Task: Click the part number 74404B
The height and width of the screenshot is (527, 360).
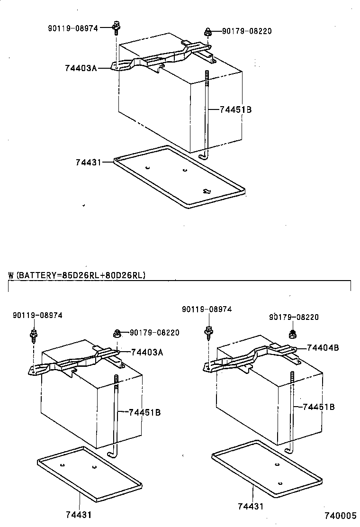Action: [x=323, y=347]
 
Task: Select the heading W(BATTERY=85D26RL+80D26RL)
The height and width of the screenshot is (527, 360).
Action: [x=77, y=275]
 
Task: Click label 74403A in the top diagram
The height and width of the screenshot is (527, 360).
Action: [x=81, y=68]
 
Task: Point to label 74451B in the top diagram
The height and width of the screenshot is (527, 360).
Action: [x=235, y=109]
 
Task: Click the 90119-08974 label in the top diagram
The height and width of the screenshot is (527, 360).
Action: [x=72, y=28]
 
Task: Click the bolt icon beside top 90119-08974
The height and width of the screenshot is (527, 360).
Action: [x=115, y=28]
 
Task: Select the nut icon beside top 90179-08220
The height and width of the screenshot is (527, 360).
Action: [x=207, y=32]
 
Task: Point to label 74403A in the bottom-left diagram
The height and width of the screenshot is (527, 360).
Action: [x=147, y=352]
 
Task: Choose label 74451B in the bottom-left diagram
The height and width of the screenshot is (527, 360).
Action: [x=144, y=412]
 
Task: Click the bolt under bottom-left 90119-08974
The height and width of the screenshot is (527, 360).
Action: [x=34, y=335]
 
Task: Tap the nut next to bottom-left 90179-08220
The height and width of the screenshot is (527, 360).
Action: [x=117, y=334]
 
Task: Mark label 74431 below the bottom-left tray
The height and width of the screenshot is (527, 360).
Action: [x=79, y=514]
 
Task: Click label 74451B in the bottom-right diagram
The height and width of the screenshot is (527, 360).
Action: [x=319, y=407]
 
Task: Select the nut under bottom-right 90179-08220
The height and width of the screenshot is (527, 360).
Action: [x=293, y=334]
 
